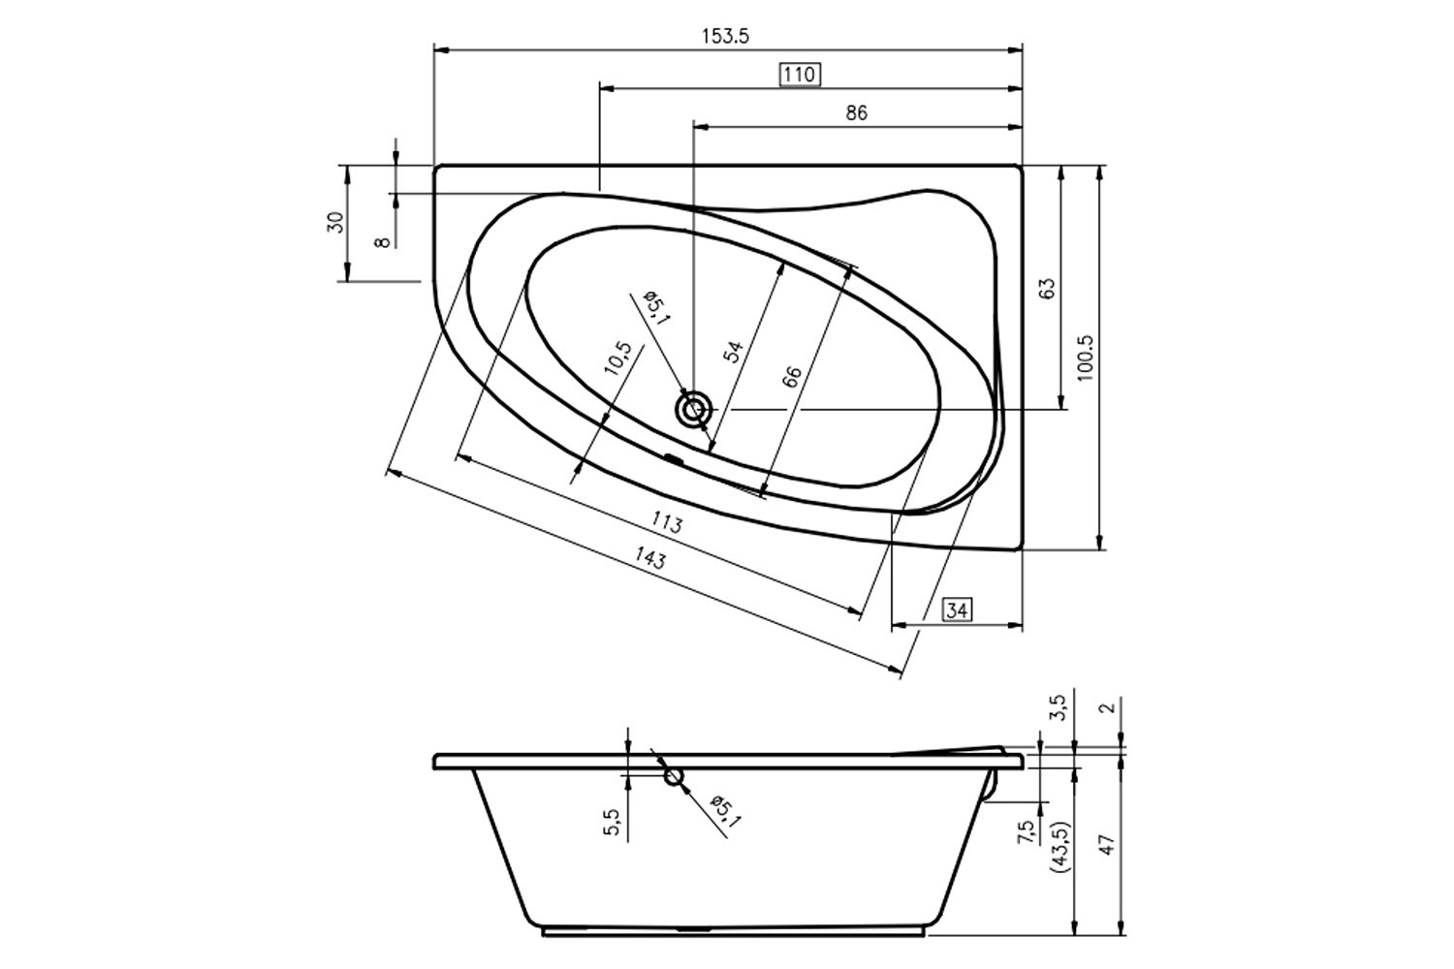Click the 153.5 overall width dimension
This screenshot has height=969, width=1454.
725,37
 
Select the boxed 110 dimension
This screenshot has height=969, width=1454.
800,75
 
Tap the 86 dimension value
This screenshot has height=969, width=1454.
856,113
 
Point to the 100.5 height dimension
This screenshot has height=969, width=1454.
1085,358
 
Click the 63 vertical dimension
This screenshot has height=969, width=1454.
1046,288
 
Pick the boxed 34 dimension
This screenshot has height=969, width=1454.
957,610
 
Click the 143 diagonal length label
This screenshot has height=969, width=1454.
650,557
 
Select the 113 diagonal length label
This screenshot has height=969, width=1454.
667,522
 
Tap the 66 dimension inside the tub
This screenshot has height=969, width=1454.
792,377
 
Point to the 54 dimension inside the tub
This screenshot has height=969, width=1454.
734,351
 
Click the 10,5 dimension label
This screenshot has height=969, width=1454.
617,358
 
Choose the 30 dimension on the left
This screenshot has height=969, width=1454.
335,222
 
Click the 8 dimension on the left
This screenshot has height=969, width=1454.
383,242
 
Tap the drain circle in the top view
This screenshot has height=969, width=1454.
694,410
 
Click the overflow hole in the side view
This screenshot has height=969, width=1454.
673,776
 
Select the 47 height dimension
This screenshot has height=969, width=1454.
1107,844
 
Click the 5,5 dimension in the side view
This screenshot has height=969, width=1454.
612,823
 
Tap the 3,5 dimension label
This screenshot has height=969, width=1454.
1059,707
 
